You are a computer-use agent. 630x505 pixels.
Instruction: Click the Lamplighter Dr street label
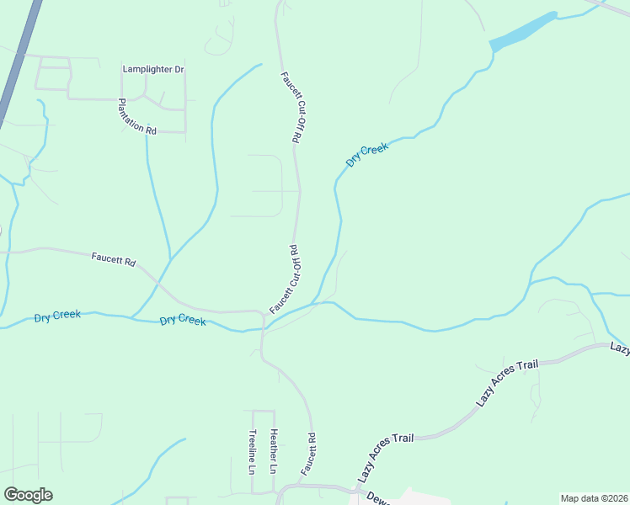pyautogui.click(x=152, y=69)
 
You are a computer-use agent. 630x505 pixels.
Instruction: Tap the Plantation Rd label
pyautogui.click(x=137, y=117)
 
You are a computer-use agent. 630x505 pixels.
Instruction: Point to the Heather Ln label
pyautogui.click(x=274, y=450)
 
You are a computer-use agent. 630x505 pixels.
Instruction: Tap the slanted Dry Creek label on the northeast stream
pyautogui.click(x=367, y=154)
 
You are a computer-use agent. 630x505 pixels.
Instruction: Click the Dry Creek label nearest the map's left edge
pyautogui.click(x=57, y=316)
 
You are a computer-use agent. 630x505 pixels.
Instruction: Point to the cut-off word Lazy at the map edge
pyautogui.click(x=620, y=348)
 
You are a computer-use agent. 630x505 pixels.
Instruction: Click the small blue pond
pyautogui.click(x=523, y=32)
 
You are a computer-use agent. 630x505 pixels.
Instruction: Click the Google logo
pyautogui.click(x=28, y=495)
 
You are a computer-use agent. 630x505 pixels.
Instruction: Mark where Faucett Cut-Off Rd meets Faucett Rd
pyautogui.click(x=264, y=315)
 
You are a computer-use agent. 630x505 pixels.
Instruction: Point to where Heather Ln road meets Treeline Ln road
pyautogui.click(x=263, y=412)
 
